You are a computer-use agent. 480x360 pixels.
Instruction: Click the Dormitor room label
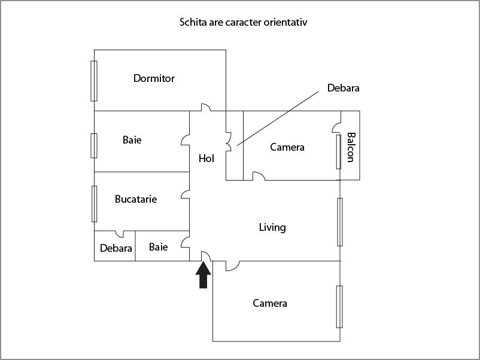(x=154, y=78)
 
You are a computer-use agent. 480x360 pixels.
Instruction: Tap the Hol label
(x=206, y=158)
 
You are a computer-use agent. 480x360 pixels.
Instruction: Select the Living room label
(x=272, y=227)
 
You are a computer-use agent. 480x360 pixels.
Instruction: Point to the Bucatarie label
(x=136, y=199)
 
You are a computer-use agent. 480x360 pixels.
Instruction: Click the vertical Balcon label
(x=351, y=147)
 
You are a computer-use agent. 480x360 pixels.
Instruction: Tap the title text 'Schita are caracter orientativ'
(x=244, y=23)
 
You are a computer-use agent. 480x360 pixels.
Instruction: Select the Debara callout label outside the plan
(x=343, y=88)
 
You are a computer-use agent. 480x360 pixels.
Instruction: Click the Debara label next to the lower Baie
(x=116, y=248)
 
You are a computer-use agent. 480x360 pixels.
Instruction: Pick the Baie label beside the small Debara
(x=159, y=247)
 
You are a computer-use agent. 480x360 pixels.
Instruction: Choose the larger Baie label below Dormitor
(x=132, y=140)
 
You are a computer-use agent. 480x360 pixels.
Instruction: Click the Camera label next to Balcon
(x=287, y=147)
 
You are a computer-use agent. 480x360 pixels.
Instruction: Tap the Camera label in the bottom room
(x=270, y=303)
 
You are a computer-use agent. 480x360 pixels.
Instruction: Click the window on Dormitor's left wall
(x=94, y=81)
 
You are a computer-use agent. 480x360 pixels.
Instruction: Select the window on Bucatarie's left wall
(x=94, y=203)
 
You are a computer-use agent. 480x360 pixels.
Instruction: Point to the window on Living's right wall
(x=340, y=221)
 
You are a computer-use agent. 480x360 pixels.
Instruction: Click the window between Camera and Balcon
(x=339, y=152)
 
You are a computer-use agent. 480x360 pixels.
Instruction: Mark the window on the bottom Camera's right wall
(x=340, y=306)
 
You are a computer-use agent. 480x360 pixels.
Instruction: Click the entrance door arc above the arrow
(x=205, y=256)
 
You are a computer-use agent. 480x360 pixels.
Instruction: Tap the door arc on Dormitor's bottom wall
(x=205, y=108)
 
